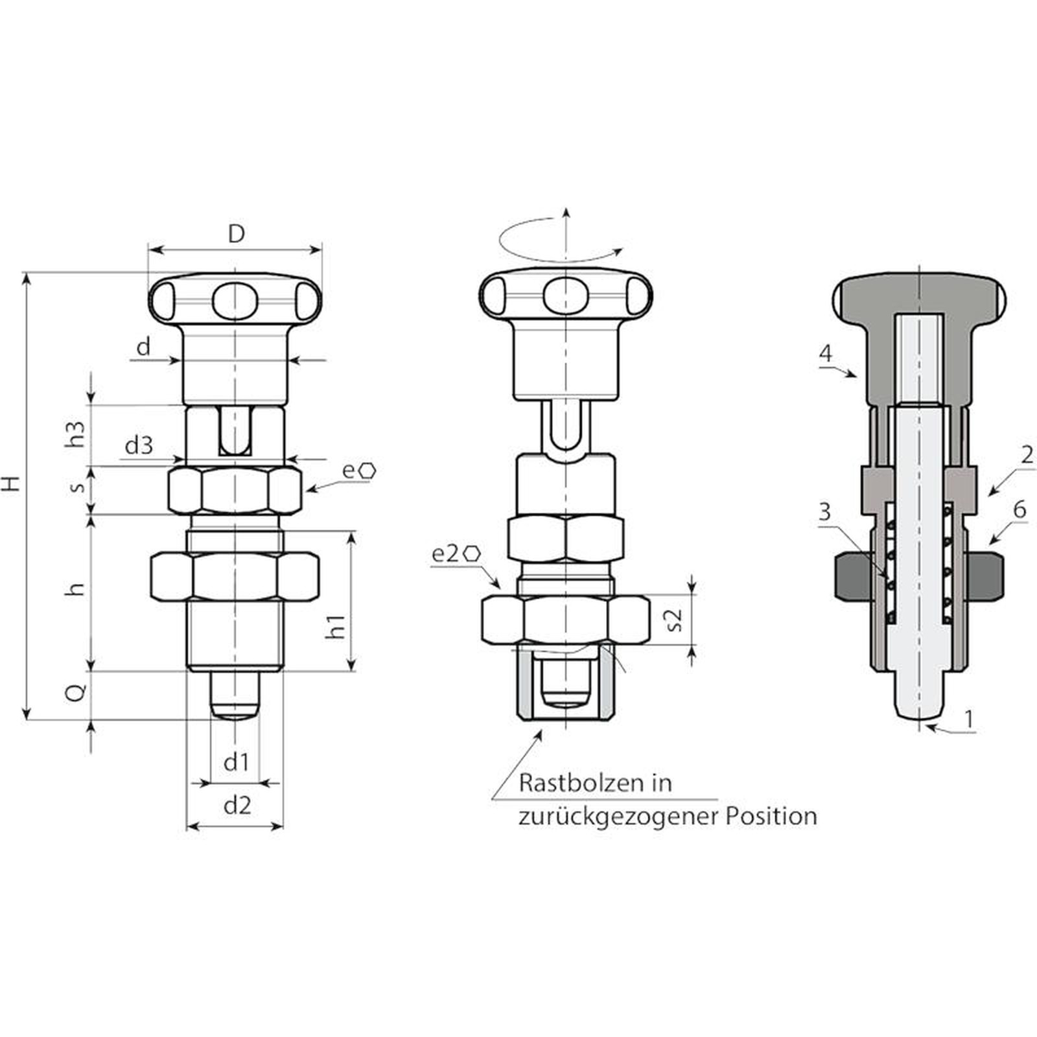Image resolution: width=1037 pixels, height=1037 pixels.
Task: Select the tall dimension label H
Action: (x=12, y=484)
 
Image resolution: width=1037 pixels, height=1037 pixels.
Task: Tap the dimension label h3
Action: (x=77, y=434)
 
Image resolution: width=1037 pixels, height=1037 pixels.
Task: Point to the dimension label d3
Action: (x=139, y=445)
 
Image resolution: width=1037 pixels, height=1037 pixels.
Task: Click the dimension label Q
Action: (x=76, y=693)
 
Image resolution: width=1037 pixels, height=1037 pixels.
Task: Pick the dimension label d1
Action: (x=236, y=762)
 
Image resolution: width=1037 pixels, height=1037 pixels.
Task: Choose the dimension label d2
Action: (x=237, y=806)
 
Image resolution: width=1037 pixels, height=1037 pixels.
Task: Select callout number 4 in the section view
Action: (x=825, y=354)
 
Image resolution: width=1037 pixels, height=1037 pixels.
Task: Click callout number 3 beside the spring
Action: (x=824, y=512)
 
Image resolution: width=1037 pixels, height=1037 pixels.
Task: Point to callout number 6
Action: (x=1020, y=510)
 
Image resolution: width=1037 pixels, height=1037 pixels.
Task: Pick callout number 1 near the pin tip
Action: (x=969, y=719)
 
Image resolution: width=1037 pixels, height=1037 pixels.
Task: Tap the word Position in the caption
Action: (x=771, y=816)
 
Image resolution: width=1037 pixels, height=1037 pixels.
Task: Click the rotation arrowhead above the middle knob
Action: (x=618, y=250)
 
